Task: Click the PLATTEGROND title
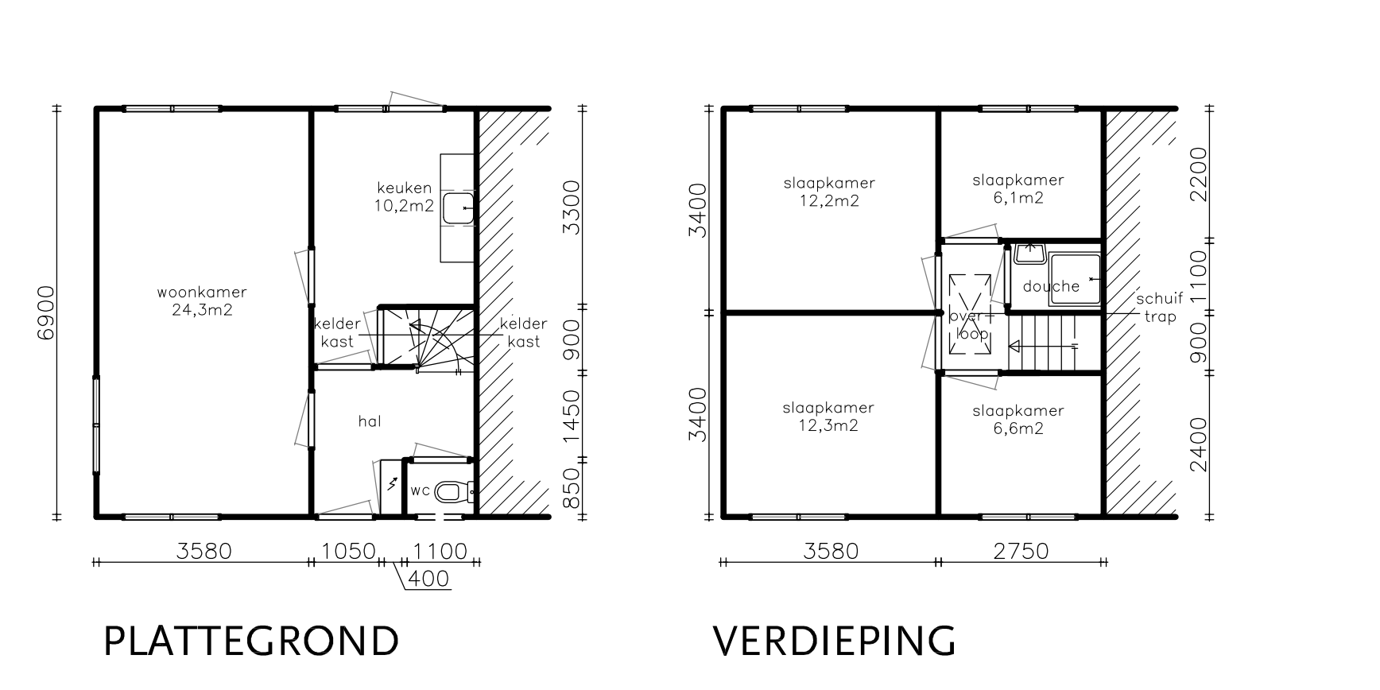(x=251, y=642)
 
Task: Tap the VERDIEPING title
(x=835, y=642)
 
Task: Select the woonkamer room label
(x=202, y=300)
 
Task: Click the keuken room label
(x=405, y=197)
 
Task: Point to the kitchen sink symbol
(x=458, y=208)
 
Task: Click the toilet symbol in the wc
(x=454, y=492)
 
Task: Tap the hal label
(x=370, y=421)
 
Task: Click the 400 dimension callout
(x=428, y=579)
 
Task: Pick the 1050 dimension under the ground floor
(x=347, y=550)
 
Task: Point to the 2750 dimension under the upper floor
(x=1021, y=550)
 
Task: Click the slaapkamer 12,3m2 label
(x=828, y=417)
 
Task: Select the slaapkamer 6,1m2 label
(x=1018, y=189)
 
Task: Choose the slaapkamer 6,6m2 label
(x=1018, y=420)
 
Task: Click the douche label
(x=1051, y=286)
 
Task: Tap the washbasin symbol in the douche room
(x=1030, y=252)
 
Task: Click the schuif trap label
(x=1160, y=307)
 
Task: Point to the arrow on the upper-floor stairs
(x=1042, y=346)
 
